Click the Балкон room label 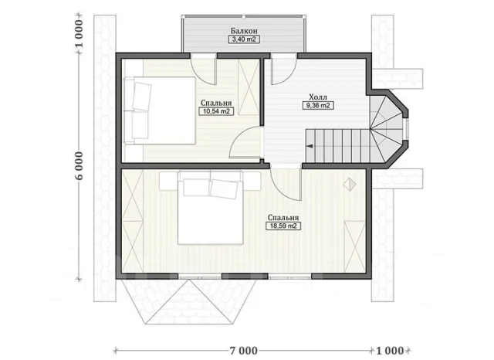coord(244,31)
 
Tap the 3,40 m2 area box coord(244,39)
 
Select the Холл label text coord(318,97)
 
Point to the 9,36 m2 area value coord(318,105)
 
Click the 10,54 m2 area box coord(216,111)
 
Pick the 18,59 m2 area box coord(283,226)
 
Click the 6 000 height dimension coord(79,166)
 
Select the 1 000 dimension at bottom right coord(390,351)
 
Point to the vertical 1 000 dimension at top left coord(79,33)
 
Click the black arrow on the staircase coord(310,146)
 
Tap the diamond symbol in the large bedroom coord(350,185)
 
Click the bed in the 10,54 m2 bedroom coord(160,110)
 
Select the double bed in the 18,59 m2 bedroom coord(210,208)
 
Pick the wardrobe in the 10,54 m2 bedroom coord(249,87)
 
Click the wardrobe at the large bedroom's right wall coord(354,246)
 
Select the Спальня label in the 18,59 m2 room coord(283,218)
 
